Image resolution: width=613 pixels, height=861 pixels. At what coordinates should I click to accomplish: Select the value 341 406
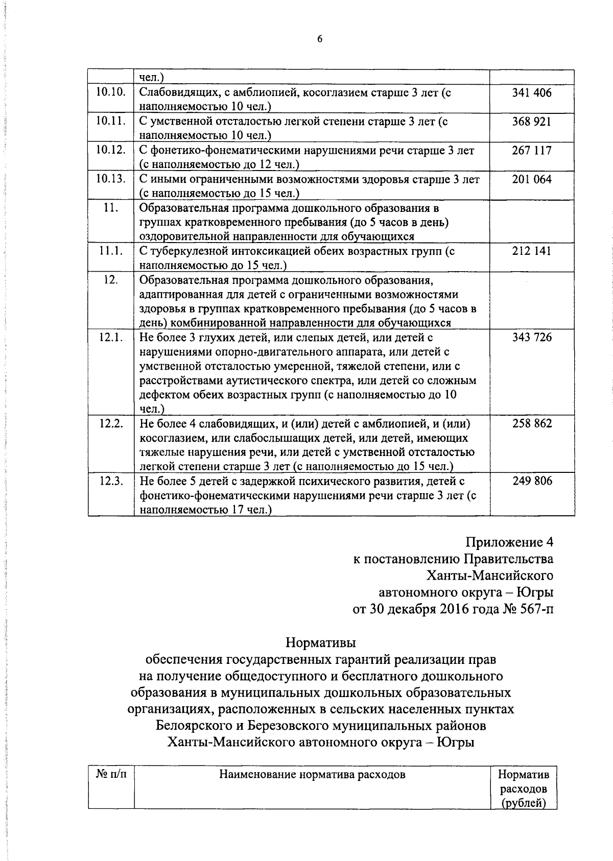click(532, 93)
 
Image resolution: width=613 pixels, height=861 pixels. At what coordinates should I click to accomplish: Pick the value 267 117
click(532, 151)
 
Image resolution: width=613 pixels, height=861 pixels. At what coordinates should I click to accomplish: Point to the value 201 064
click(532, 179)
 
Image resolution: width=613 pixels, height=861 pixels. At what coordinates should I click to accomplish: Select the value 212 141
click(532, 251)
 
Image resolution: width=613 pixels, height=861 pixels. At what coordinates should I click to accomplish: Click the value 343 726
click(532, 338)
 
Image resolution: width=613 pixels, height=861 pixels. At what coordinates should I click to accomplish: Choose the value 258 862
click(532, 424)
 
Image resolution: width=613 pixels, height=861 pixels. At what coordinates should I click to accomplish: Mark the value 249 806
click(532, 481)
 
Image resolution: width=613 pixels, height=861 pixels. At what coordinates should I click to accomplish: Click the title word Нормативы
click(320, 642)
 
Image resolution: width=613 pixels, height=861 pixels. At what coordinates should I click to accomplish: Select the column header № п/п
click(111, 774)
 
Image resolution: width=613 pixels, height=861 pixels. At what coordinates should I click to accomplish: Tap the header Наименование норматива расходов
click(312, 775)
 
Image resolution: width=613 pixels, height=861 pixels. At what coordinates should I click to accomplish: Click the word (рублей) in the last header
click(523, 803)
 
